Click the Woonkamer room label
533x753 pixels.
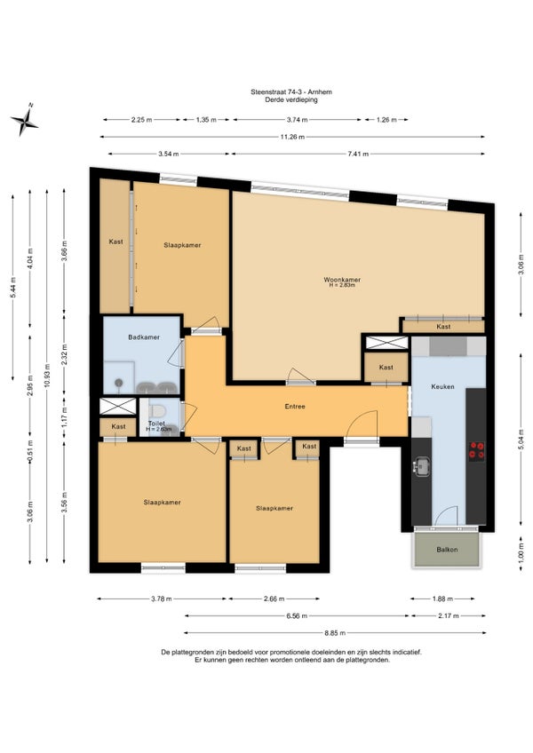[x=342, y=280]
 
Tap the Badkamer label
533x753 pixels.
[x=144, y=337]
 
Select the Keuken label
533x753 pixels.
[x=442, y=386]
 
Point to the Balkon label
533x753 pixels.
[x=447, y=550]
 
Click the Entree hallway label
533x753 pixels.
[x=295, y=407]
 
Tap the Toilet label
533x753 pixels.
[x=156, y=423]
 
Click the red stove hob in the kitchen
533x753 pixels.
[x=477, y=450]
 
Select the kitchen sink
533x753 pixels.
[x=421, y=466]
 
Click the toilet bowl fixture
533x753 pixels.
[x=157, y=411]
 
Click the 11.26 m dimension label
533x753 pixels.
[x=292, y=137]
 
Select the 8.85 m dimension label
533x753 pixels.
[x=335, y=633]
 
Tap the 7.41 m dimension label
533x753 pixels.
[x=358, y=155]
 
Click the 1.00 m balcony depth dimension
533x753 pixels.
[x=521, y=550]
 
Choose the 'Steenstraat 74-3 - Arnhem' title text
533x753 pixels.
[x=291, y=91]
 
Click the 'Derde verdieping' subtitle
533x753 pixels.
[x=291, y=99]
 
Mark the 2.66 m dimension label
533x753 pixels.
[x=274, y=598]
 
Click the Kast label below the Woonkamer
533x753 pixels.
[x=443, y=327]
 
